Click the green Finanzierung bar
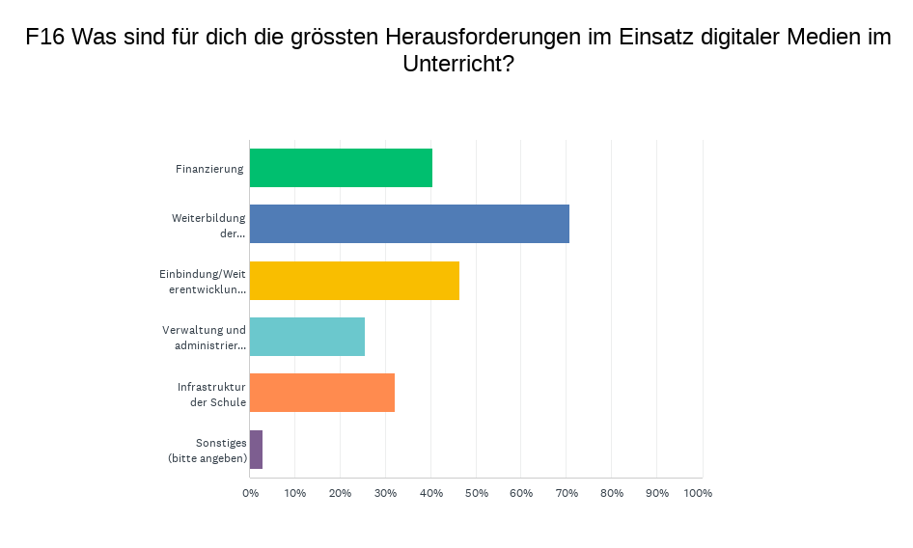[341, 168]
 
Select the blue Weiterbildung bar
[409, 224]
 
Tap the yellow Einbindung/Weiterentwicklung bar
[354, 281]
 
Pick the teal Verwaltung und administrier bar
[307, 337]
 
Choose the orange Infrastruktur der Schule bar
[321, 393]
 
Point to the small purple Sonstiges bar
[256, 450]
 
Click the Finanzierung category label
[209, 169]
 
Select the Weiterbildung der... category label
[208, 225]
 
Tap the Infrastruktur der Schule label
[211, 394]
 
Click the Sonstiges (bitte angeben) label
[207, 450]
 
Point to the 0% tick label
[250, 493]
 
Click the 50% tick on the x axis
[476, 493]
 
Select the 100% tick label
[698, 493]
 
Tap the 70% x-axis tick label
[566, 493]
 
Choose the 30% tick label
[385, 493]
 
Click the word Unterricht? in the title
[457, 65]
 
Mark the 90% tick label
[656, 493]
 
